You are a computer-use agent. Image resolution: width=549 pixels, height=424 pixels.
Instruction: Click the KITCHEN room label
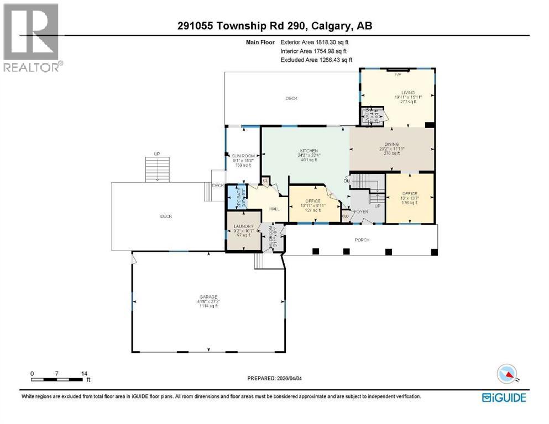coord(309,151)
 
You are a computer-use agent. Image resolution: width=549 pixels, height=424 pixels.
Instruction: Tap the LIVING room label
coord(408,93)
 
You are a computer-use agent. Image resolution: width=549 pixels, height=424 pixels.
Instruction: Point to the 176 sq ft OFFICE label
coord(410,193)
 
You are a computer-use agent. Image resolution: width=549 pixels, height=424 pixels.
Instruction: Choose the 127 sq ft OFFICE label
coord(315,205)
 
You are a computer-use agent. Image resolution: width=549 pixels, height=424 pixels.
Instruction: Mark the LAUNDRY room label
coord(244,226)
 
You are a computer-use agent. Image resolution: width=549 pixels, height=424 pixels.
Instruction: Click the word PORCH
coord(362,240)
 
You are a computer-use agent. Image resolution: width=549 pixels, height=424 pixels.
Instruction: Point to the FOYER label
coord(362,211)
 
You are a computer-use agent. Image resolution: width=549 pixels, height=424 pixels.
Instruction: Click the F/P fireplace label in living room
coord(397,73)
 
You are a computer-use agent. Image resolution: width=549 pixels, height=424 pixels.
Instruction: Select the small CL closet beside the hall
coord(265,180)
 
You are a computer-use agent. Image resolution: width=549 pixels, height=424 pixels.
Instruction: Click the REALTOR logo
coord(32,37)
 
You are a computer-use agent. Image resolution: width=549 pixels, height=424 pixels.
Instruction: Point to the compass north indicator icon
coord(507,375)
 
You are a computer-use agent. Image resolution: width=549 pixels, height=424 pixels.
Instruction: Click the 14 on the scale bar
coord(83,374)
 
